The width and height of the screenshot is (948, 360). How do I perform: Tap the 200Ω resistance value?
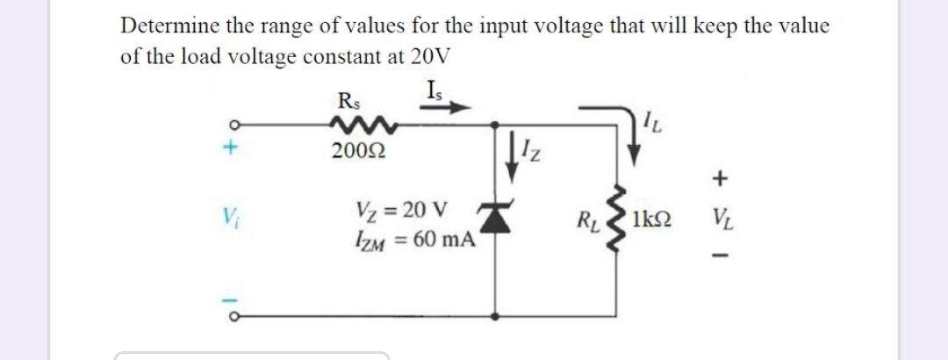(356, 152)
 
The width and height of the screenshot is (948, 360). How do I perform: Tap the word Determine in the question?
(165, 25)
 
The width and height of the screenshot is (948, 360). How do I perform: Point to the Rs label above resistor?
(348, 97)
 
